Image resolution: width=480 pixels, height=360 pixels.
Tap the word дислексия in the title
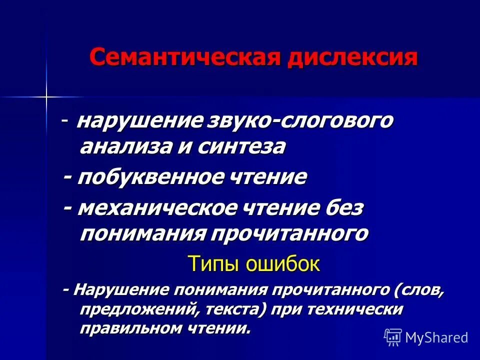click(x=352, y=58)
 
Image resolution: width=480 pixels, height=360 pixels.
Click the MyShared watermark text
click(x=436, y=337)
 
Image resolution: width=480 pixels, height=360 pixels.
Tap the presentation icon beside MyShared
click(x=393, y=337)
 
